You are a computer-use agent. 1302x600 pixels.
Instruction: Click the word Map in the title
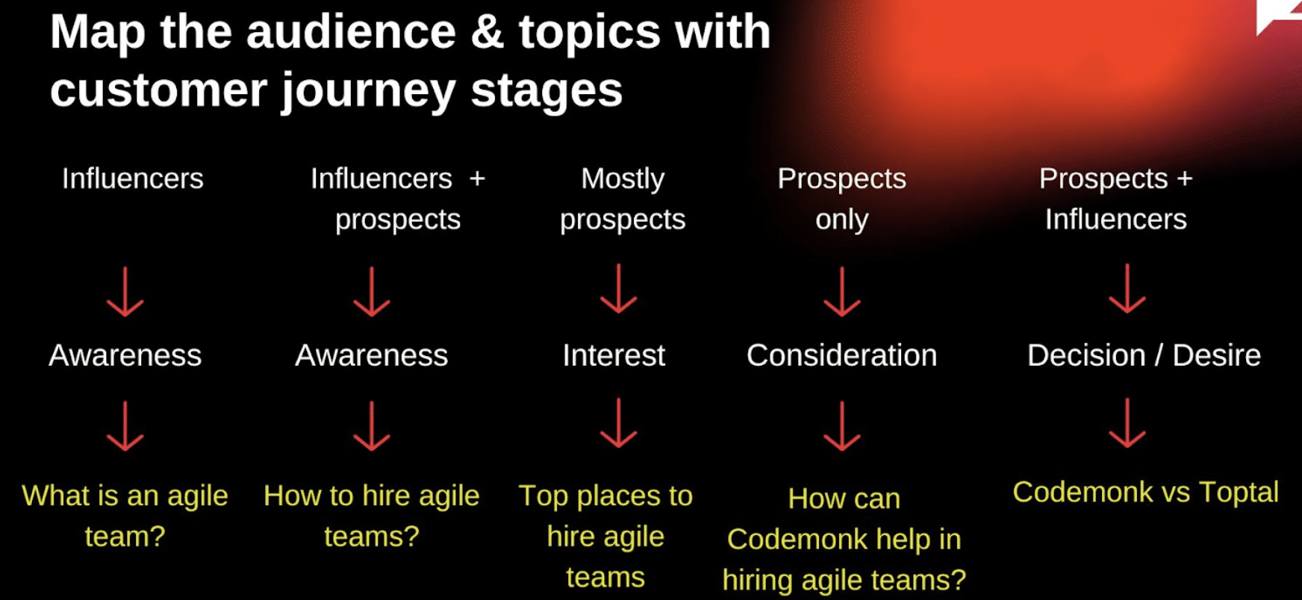tap(97, 33)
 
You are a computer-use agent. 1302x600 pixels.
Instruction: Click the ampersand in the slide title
tap(487, 33)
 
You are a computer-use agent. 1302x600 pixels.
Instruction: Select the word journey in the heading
tap(368, 91)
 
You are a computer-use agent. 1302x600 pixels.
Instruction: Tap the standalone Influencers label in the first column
tap(133, 179)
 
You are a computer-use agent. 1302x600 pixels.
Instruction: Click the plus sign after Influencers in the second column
tap(477, 179)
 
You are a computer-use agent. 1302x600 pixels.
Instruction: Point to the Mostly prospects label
tap(623, 199)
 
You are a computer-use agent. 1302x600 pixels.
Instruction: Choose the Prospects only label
tap(841, 199)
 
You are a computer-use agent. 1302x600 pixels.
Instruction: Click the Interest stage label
tap(614, 355)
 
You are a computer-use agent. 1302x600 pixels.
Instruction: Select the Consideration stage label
tap(841, 355)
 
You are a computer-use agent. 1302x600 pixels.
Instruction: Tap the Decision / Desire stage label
tap(1144, 355)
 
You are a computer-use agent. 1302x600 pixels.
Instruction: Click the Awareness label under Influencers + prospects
tap(372, 355)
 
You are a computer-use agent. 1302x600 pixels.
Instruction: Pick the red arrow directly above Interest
tap(619, 289)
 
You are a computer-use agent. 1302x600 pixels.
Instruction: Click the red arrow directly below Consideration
tap(842, 426)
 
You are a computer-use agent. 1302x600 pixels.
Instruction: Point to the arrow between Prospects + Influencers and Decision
tap(1127, 289)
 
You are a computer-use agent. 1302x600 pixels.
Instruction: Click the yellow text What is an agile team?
tap(125, 516)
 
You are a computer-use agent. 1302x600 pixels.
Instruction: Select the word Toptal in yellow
tap(1239, 493)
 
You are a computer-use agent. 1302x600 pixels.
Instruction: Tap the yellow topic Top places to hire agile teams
tap(605, 536)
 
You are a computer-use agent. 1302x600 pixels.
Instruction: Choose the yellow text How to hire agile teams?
tap(372, 516)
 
